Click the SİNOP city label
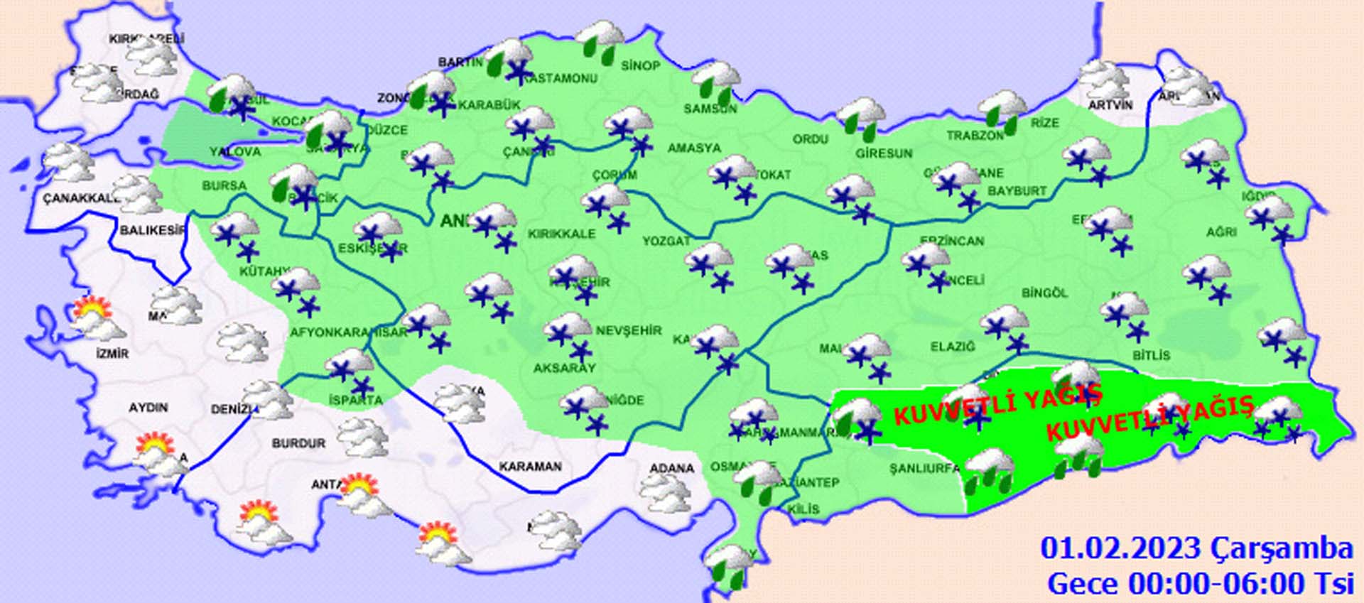tap(640, 66)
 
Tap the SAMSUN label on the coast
tap(710, 109)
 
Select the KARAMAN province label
tap(530, 467)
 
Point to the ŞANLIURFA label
tap(924, 469)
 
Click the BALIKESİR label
tap(152, 231)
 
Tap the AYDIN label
tap(148, 408)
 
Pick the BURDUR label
tap(298, 444)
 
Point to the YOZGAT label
tap(666, 241)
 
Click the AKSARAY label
tap(565, 368)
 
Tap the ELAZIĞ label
tap(953, 347)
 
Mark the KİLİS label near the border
tap(803, 509)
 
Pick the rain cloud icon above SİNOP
tap(601, 39)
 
